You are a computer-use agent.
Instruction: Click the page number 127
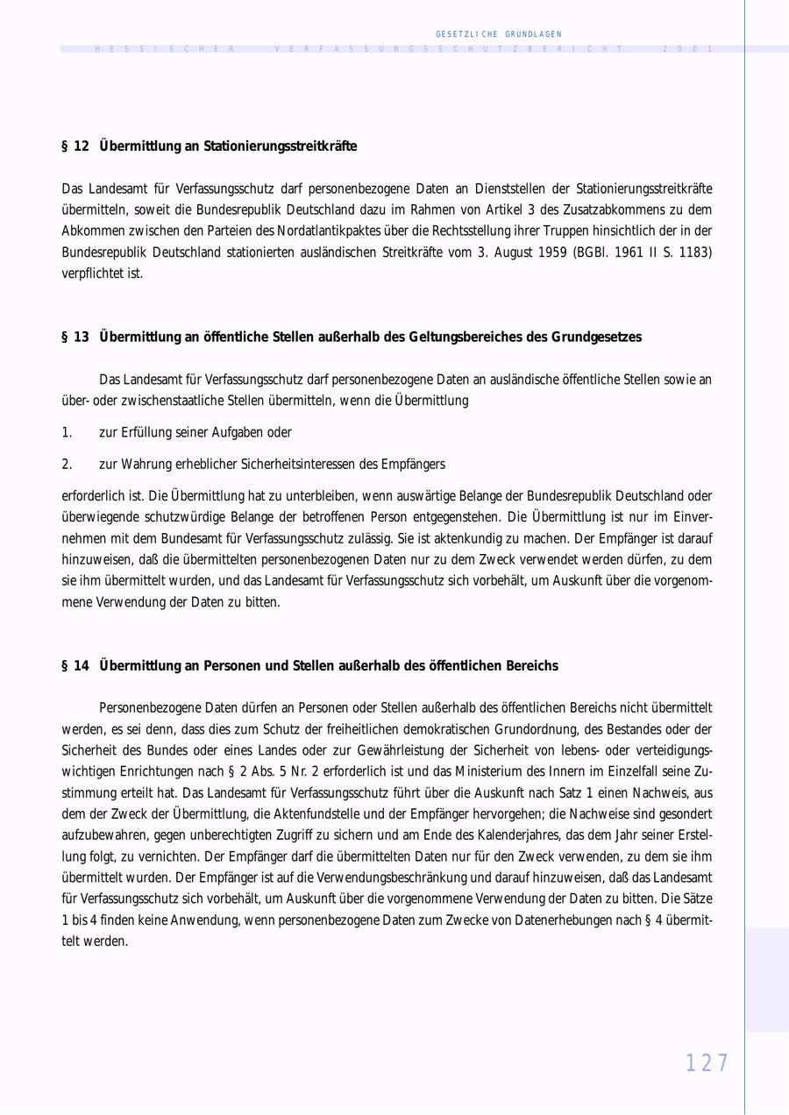click(x=707, y=1063)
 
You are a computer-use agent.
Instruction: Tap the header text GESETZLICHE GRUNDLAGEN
click(x=498, y=34)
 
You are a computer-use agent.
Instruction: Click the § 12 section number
click(x=75, y=146)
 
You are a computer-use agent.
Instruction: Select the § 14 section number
click(x=75, y=666)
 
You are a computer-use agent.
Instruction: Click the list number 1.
click(x=67, y=433)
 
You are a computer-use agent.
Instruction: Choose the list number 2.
click(x=67, y=465)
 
